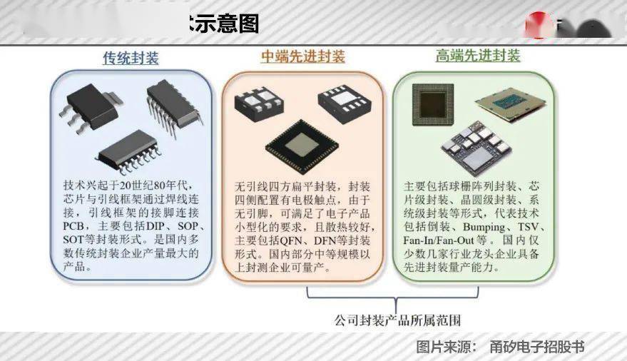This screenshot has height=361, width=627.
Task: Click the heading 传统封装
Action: pos(131,58)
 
